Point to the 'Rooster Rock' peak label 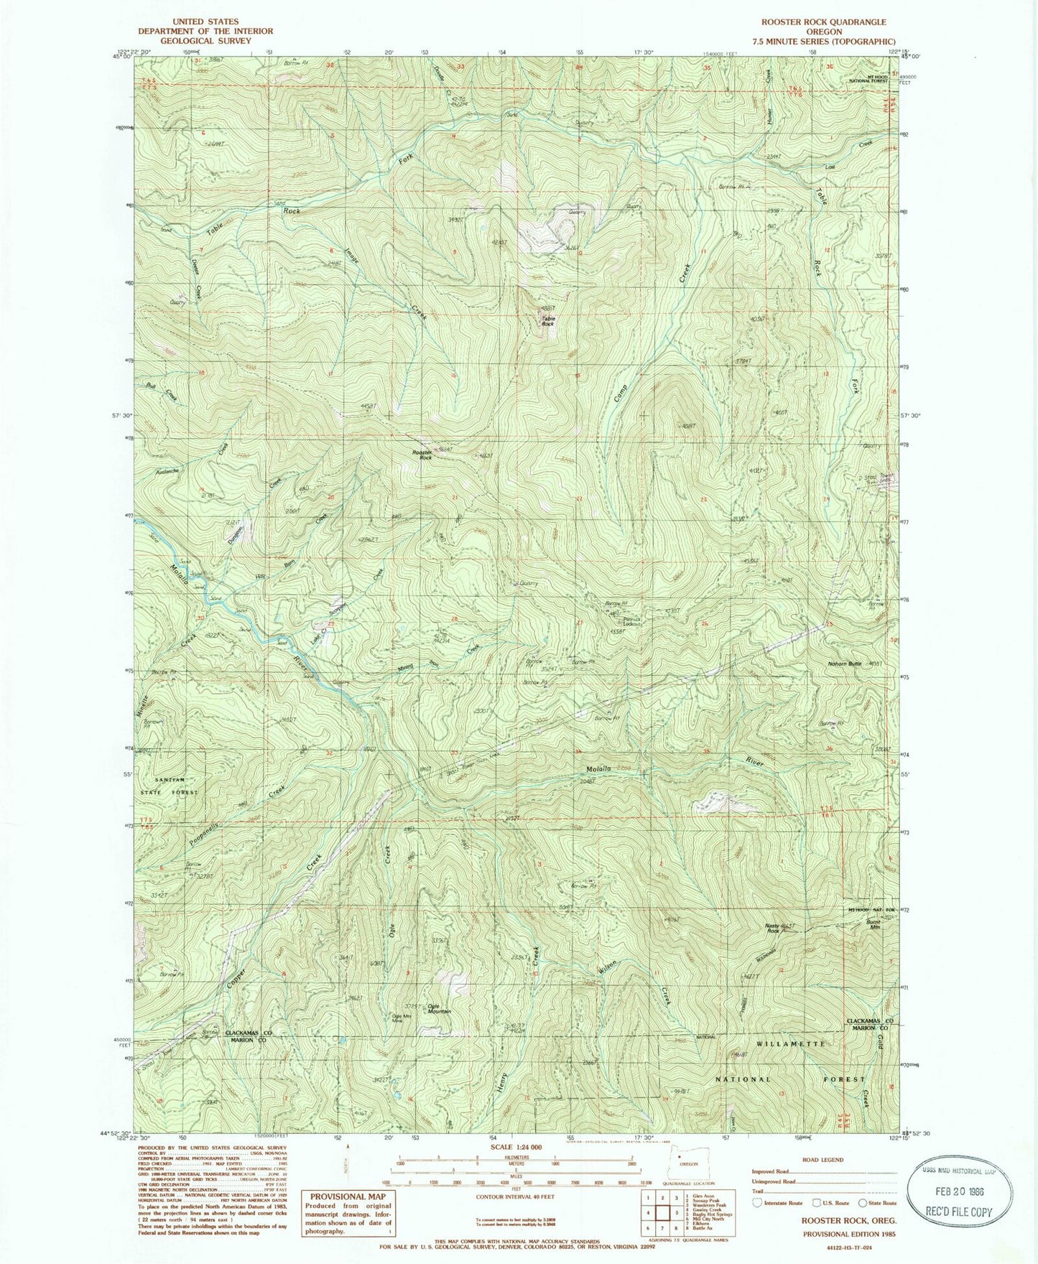(422, 455)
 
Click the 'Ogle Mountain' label (439, 1008)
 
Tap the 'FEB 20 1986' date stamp (958, 1189)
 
